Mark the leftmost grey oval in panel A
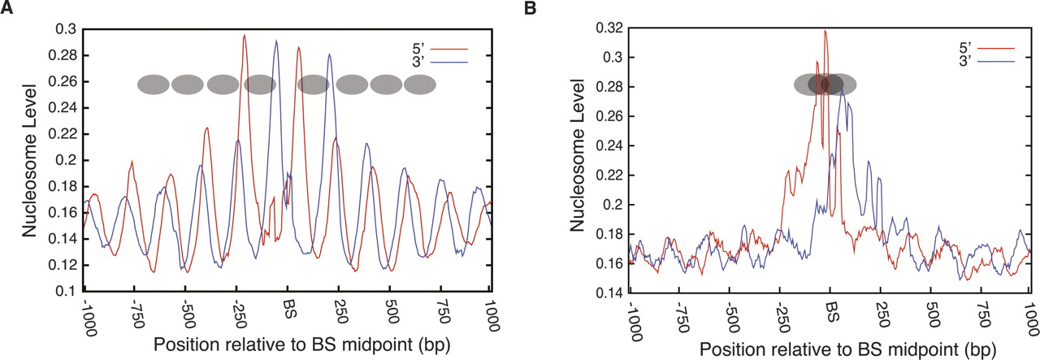coord(153,84)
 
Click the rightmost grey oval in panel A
coord(420,84)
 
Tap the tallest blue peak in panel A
coord(276,41)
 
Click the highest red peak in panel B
coord(825,32)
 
